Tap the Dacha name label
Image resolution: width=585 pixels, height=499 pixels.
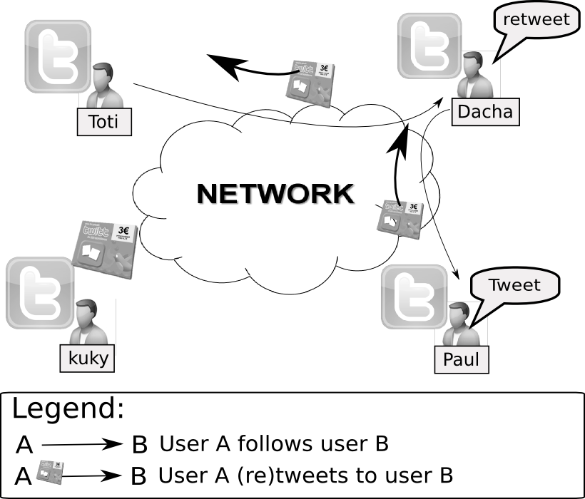484,112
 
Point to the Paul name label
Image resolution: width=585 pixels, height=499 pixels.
461,359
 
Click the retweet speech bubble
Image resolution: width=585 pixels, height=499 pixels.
536,20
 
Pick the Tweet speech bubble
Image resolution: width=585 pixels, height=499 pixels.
514,286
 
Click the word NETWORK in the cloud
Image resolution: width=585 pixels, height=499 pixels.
275,194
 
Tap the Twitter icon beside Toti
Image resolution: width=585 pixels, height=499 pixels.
57,56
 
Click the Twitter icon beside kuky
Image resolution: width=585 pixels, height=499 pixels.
39,292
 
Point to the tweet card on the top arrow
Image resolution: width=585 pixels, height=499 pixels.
308,81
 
